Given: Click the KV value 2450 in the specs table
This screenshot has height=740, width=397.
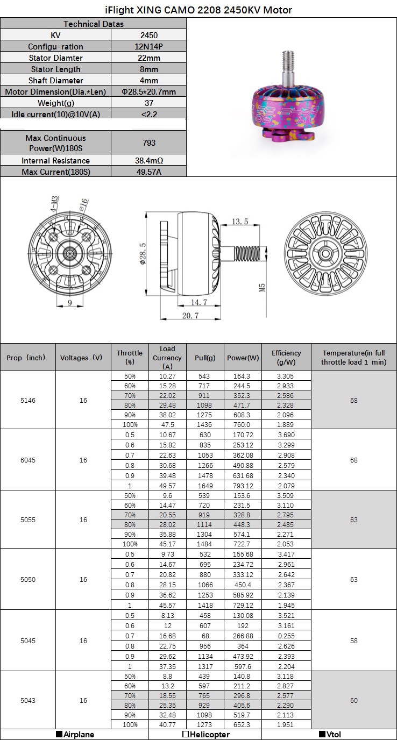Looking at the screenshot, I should tap(149, 35).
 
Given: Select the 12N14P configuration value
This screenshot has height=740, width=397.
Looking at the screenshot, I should tap(149, 46).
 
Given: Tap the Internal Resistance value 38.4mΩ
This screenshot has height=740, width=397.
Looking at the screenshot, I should tap(149, 160).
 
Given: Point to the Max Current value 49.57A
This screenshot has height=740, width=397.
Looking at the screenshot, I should tap(149, 172).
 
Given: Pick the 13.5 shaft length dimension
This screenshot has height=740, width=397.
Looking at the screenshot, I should tap(239, 222).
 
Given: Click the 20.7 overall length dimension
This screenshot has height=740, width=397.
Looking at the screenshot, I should tap(190, 315).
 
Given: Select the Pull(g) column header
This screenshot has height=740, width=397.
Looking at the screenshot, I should tap(205, 358).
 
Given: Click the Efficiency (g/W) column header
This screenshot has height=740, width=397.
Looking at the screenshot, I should tap(286, 358).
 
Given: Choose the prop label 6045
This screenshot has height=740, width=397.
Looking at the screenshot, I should tap(28, 460).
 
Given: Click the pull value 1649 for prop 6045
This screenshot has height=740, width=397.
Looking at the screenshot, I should tap(205, 486).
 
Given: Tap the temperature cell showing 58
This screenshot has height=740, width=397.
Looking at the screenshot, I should tap(354, 641).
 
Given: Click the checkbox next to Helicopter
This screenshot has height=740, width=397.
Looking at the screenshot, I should tap(185, 734).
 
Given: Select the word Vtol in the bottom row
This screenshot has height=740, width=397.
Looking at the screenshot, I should tap(334, 734).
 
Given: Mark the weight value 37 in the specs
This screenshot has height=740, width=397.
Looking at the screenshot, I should tap(149, 103).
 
